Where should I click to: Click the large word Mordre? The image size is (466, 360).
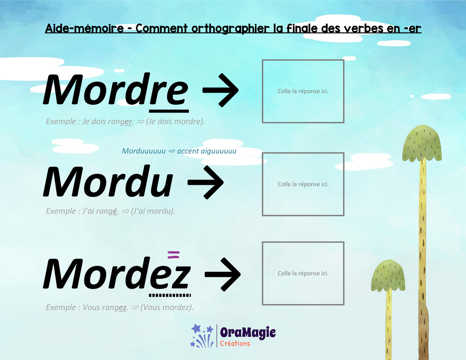(x=116, y=90)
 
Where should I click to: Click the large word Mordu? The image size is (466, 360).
(x=108, y=182)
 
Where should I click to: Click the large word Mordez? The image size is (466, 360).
(x=116, y=275)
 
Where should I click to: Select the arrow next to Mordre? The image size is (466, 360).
(x=220, y=90)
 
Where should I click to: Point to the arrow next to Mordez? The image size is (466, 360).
(x=222, y=275)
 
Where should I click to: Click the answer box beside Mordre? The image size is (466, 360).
(x=303, y=91)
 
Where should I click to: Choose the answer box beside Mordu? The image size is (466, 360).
(x=303, y=184)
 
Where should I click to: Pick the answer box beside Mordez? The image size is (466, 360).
(x=303, y=273)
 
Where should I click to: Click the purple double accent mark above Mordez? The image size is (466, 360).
(x=173, y=253)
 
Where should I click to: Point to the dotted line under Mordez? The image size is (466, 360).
(x=170, y=295)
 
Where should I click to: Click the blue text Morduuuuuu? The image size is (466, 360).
(x=144, y=151)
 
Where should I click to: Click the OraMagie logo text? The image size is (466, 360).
(x=248, y=333)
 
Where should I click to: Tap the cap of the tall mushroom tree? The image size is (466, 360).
(x=422, y=144)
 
